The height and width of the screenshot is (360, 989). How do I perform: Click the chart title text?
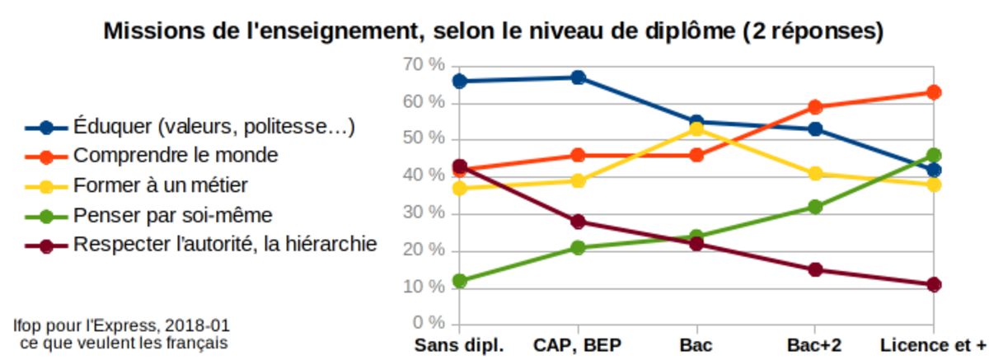(494, 32)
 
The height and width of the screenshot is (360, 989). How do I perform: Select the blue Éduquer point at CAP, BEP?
(578, 77)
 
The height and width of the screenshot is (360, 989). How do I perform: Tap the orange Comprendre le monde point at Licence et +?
(934, 92)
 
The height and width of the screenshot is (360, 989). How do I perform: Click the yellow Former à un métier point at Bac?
(696, 129)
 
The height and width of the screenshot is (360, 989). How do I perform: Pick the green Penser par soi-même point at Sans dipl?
(460, 281)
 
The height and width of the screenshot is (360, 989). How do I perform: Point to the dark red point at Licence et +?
(934, 284)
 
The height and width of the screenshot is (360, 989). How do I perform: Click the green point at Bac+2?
(815, 207)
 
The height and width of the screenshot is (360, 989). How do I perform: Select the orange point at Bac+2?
(815, 107)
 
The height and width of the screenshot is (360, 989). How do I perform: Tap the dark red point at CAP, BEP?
(578, 222)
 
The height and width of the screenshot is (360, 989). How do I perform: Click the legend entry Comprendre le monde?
(175, 155)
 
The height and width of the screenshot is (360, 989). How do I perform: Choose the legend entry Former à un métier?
(160, 185)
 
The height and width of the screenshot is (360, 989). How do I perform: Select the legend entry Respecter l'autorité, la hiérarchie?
(224, 244)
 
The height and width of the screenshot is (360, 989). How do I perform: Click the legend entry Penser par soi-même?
(172, 215)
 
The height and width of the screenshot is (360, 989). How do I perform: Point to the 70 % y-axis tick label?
(424, 64)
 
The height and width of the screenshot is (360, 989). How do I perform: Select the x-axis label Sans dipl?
(459, 344)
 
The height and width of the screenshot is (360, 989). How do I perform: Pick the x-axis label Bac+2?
(814, 344)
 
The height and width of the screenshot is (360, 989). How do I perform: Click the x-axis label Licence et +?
(933, 344)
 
